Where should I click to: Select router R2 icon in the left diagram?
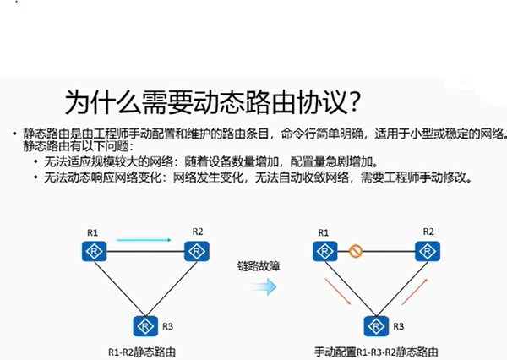pyautogui.click(x=198, y=250)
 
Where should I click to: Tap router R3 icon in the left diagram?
pyautogui.click(x=145, y=325)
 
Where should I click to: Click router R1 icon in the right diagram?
pyautogui.click(x=322, y=251)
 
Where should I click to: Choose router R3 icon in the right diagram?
pyautogui.click(x=375, y=325)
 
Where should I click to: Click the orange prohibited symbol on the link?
pyautogui.click(x=355, y=251)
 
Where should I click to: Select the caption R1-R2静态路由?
pyautogui.click(x=144, y=350)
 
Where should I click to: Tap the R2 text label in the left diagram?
pyautogui.click(x=198, y=231)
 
